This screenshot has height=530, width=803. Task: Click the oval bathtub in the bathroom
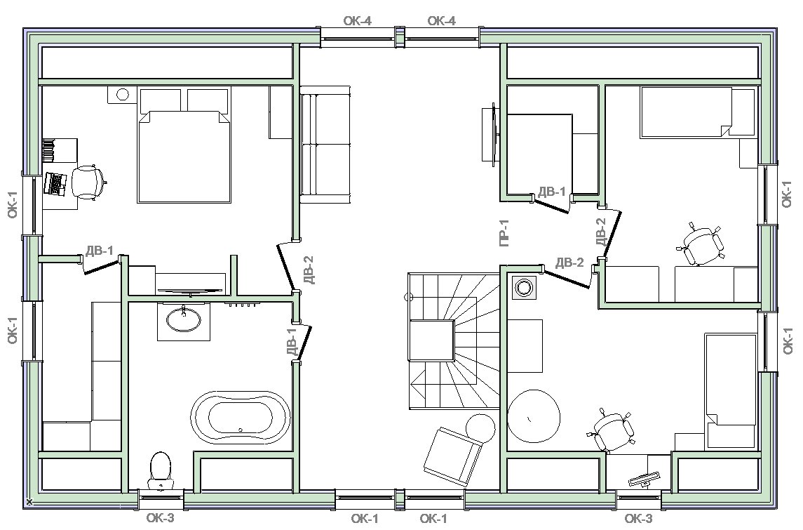pos(241,418)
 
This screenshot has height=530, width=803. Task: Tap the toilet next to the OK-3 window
pos(161,470)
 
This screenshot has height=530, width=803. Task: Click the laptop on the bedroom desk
pos(55,183)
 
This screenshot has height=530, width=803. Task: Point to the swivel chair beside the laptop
pos(88,181)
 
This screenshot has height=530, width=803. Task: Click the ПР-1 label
pos(504,232)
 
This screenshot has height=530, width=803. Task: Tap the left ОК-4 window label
pos(357,20)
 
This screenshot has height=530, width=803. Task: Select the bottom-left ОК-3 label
pos(161,517)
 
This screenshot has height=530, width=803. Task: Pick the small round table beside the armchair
pos(480,427)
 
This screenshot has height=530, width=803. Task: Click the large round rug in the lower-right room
pos(534,416)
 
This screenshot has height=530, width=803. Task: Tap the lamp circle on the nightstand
pos(123,94)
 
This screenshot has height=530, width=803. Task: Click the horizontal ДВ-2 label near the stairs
pos(569,263)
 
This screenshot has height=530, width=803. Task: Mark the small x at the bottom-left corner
pos(29,502)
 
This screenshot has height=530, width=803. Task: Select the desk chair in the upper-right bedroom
pos(701,244)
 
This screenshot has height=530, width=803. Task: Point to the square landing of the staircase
pos(431,340)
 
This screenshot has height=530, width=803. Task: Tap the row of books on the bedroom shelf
pos(48,150)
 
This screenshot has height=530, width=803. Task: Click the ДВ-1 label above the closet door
pos(551,192)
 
